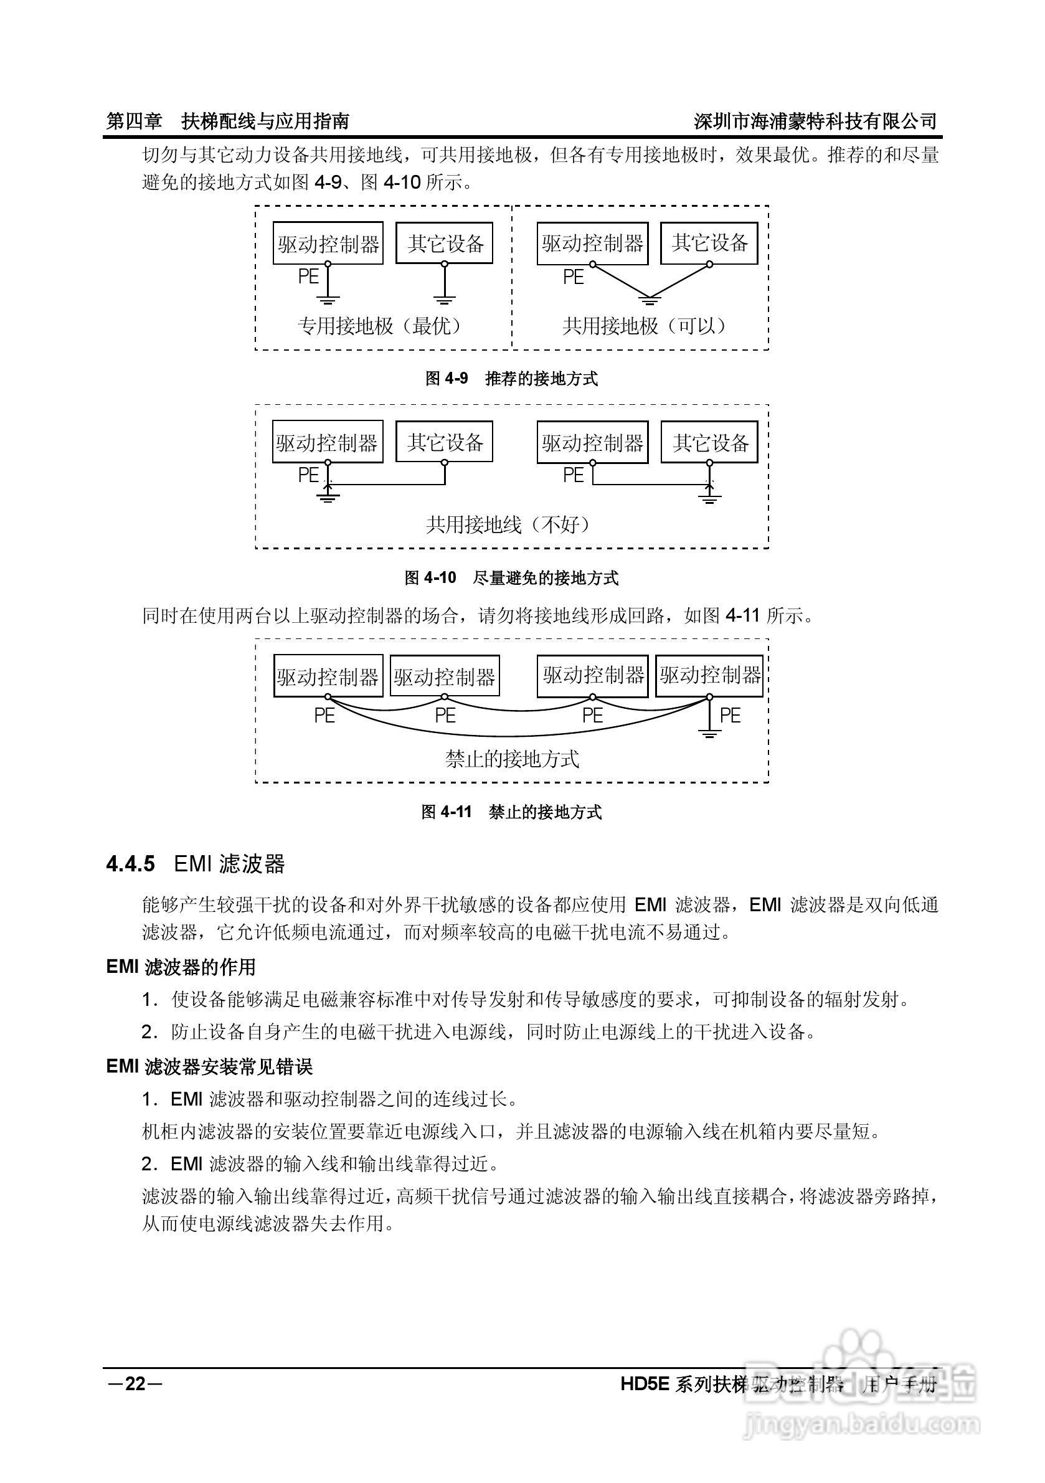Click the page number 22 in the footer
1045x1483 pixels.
click(x=135, y=1383)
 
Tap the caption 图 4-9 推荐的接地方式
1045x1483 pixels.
click(x=511, y=379)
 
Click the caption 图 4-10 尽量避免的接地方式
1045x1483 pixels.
click(x=511, y=577)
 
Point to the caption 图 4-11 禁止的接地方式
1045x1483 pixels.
click(x=511, y=812)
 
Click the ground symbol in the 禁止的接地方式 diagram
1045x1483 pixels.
click(x=709, y=732)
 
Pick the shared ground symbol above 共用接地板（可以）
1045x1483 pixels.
click(x=650, y=299)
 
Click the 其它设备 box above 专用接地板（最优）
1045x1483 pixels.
click(x=445, y=244)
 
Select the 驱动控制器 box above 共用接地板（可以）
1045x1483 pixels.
click(x=592, y=244)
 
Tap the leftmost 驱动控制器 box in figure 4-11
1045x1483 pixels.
click(x=328, y=676)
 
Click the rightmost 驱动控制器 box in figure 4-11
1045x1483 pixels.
click(x=709, y=676)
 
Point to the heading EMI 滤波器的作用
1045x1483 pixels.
click(x=181, y=966)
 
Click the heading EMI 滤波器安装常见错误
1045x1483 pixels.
click(x=209, y=1066)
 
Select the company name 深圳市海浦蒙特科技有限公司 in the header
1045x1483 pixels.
click(x=815, y=121)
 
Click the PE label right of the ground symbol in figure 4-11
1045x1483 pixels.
click(x=730, y=715)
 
